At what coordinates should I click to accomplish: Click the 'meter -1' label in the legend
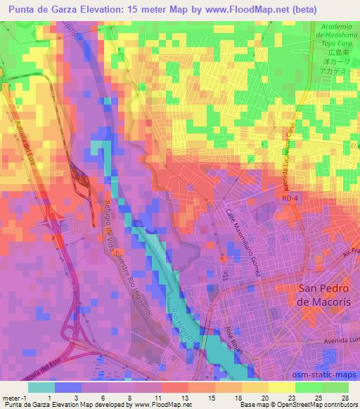(15, 397)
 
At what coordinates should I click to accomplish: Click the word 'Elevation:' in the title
(110, 9)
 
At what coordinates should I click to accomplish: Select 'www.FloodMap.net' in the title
(236, 9)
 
